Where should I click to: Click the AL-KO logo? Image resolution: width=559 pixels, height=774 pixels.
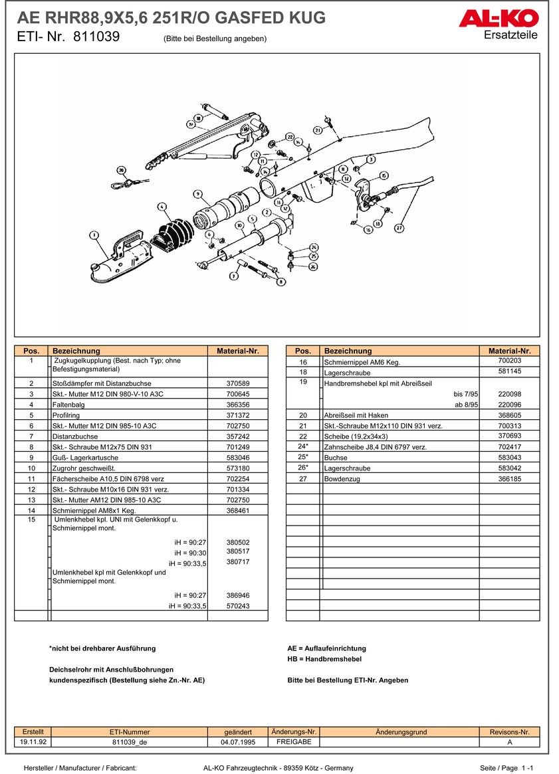click(x=498, y=18)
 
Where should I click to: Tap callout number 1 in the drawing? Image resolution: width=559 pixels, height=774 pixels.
click(x=94, y=235)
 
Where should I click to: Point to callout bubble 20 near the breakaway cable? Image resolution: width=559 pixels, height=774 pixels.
click(x=121, y=169)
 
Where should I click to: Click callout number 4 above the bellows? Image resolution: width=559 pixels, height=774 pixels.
click(x=162, y=207)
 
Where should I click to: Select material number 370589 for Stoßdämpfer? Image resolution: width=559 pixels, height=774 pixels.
click(x=237, y=383)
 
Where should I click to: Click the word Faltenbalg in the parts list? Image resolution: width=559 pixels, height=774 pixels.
click(x=68, y=405)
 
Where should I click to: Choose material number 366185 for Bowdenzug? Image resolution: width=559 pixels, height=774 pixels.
click(x=509, y=478)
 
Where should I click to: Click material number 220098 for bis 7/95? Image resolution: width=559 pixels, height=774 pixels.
click(x=509, y=394)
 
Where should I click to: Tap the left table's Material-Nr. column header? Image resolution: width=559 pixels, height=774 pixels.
click(x=237, y=351)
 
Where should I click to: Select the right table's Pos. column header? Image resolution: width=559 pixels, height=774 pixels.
click(x=302, y=351)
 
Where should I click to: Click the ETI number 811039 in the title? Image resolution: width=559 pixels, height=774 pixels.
click(x=96, y=37)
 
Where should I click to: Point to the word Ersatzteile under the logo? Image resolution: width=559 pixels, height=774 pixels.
click(x=510, y=35)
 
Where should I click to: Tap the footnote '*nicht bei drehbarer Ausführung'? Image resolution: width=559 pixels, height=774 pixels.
click(x=102, y=648)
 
